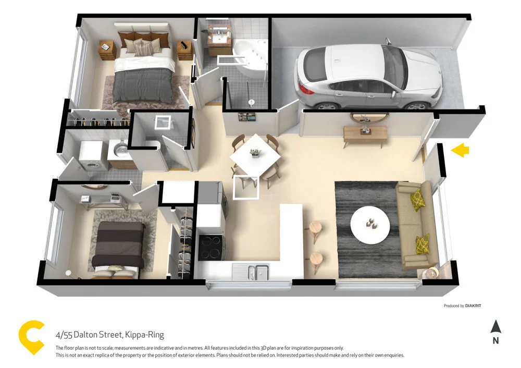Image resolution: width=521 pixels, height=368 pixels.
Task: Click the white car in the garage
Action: [367, 76]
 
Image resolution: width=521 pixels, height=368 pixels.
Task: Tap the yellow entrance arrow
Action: [460, 151]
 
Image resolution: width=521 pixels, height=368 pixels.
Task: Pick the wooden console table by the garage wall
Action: [365, 133]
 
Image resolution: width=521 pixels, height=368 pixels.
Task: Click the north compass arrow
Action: [495, 327]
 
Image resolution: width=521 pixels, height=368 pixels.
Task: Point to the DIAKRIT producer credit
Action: [473, 306]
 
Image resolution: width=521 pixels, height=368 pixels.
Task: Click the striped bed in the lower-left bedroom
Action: [119, 244]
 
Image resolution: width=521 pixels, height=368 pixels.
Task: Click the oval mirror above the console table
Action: [365, 117]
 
